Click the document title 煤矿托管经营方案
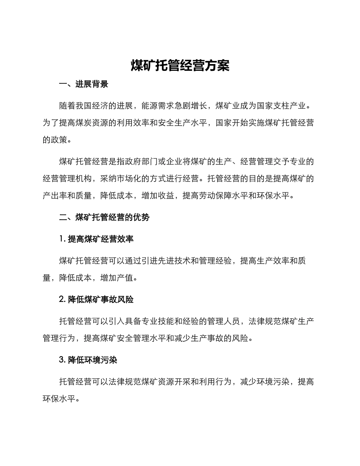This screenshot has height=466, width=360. [180, 66]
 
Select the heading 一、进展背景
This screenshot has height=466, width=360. [84, 84]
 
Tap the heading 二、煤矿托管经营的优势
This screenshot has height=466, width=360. [105, 217]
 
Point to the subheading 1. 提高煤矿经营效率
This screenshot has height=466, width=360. [96, 239]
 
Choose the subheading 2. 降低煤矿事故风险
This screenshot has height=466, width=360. [96, 300]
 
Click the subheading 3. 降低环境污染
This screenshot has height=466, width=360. [88, 360]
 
